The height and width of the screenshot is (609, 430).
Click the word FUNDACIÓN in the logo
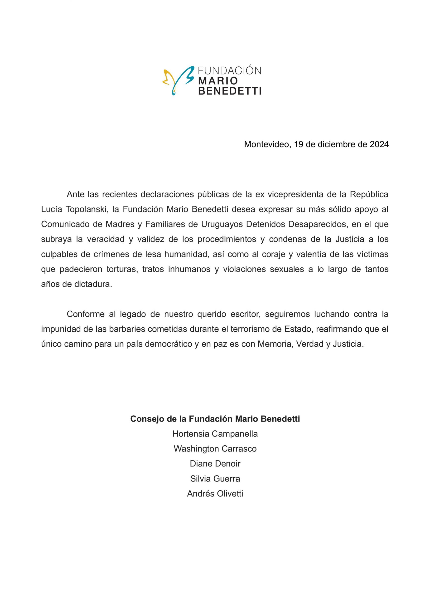230,71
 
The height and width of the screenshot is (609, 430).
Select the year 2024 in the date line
379,145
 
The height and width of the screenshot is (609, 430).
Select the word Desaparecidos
317,224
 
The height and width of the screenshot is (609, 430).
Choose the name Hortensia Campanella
215,434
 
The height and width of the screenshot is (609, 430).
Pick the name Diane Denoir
215,464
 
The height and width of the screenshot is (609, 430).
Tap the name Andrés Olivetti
215,494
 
